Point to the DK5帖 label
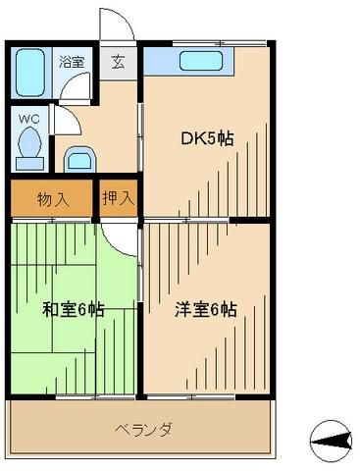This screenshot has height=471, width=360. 207,137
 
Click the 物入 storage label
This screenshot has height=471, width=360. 53,199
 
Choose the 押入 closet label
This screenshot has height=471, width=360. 119,199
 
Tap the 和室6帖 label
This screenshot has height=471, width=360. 74,310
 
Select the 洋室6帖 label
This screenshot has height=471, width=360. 205,310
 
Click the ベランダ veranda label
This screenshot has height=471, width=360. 143,429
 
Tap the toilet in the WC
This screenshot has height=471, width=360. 28,147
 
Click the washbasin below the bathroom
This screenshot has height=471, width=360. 77,158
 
